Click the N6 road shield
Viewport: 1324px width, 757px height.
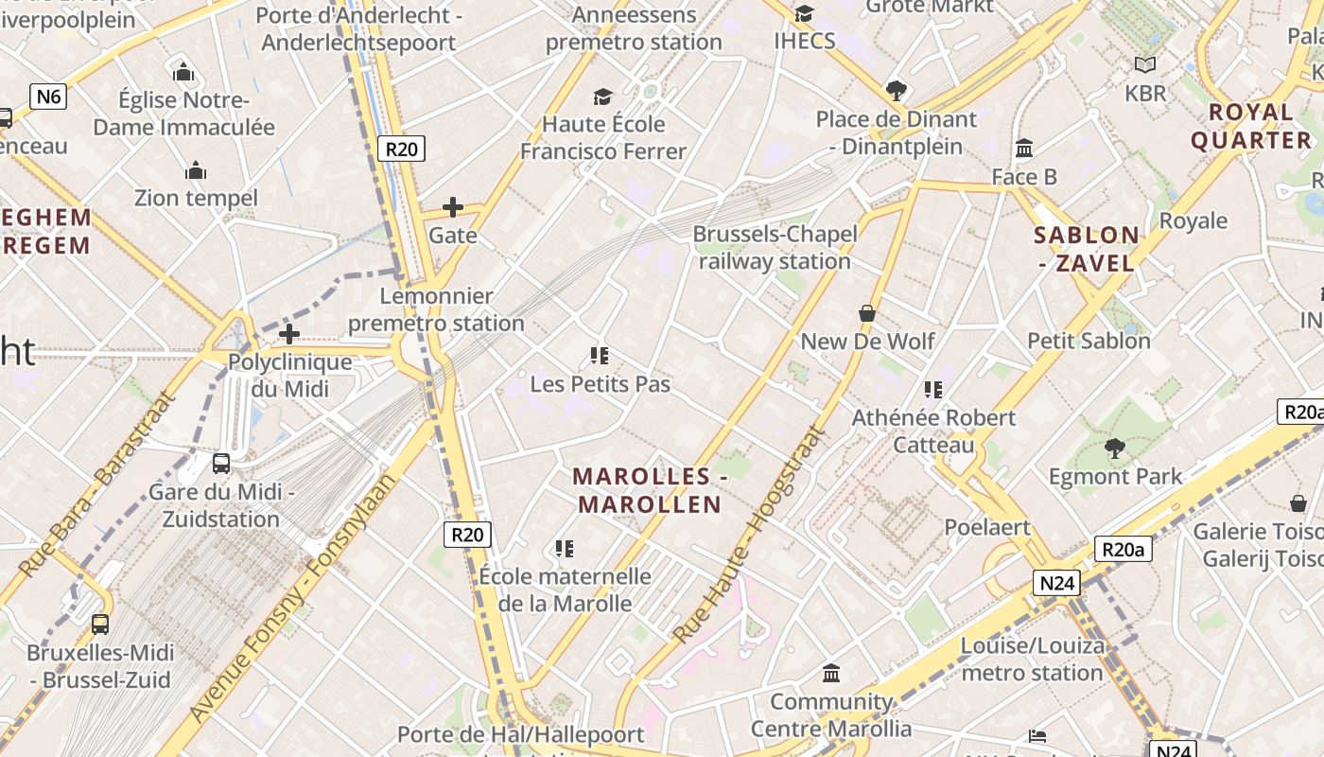point(49,96)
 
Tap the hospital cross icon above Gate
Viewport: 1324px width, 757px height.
point(453,206)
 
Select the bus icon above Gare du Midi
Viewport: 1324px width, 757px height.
point(221,463)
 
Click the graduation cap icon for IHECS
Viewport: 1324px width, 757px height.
point(804,13)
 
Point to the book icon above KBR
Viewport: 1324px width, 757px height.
point(1145,65)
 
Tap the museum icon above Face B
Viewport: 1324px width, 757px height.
point(1024,149)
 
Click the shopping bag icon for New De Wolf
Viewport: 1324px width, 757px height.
point(867,312)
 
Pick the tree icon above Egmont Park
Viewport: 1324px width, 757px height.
point(1115,448)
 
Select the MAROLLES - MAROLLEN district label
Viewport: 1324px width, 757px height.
point(650,490)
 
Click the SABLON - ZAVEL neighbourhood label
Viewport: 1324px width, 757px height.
point(1087,249)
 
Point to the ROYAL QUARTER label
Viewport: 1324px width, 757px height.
point(1251,126)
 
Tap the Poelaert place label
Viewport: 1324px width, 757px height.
point(987,527)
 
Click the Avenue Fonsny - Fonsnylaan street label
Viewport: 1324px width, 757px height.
point(293,597)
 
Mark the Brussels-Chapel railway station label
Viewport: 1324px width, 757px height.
point(775,247)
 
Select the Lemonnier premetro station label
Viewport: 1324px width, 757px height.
point(436,309)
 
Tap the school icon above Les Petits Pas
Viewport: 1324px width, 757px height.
point(599,356)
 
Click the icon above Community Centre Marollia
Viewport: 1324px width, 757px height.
point(831,674)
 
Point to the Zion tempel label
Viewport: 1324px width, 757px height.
point(196,198)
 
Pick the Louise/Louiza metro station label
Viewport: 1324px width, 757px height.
point(1033,660)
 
